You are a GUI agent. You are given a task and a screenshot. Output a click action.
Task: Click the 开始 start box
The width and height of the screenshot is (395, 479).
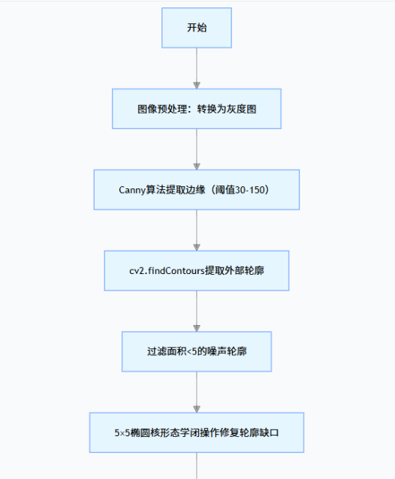[x=197, y=28]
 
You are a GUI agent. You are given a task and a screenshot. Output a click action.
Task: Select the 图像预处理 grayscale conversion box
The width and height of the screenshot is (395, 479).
[x=197, y=108]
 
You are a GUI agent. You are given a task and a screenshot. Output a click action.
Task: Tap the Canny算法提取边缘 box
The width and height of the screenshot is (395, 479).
[x=197, y=189]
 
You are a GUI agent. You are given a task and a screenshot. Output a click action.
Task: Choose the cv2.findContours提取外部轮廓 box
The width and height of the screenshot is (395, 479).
[x=197, y=270]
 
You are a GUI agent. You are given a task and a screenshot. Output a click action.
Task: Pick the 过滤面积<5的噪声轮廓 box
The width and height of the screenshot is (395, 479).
[x=197, y=351]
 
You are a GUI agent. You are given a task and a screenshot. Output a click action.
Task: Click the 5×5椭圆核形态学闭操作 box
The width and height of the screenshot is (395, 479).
[x=197, y=432]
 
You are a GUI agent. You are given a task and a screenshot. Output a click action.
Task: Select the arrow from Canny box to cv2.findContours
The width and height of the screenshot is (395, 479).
[x=197, y=229]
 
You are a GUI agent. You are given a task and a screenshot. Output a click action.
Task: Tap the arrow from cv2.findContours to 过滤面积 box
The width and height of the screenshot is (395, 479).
[x=197, y=309]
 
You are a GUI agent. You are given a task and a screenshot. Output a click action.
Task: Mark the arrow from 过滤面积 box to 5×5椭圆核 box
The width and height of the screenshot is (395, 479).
[x=197, y=390]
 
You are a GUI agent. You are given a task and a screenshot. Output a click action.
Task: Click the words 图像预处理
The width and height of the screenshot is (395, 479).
[x=158, y=108]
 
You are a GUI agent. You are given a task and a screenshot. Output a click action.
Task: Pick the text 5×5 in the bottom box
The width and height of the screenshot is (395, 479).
[x=123, y=432]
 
